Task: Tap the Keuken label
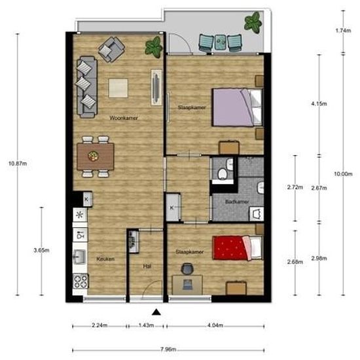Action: (x=105, y=259)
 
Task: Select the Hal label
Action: (x=147, y=266)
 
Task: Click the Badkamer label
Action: (x=235, y=202)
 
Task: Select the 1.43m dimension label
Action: (x=147, y=325)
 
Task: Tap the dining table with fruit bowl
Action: (x=95, y=156)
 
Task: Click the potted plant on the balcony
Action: (x=253, y=24)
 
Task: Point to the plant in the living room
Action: (x=153, y=46)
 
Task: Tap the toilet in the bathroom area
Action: (x=223, y=171)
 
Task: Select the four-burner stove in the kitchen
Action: (x=81, y=281)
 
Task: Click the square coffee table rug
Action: (x=118, y=87)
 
